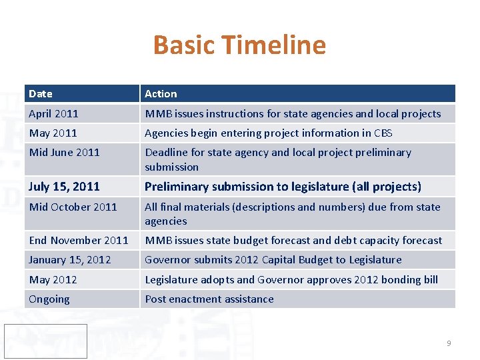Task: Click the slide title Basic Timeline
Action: coord(239,45)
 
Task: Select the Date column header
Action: coord(41,94)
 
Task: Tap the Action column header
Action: coord(161,94)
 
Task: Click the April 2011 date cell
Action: coord(53,114)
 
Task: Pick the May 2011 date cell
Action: coord(53,133)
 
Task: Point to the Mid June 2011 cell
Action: coord(64,153)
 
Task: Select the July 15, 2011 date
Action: coord(64,187)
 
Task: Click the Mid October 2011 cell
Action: coord(73,207)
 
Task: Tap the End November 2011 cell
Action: coord(79,241)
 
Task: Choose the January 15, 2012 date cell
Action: coord(70,260)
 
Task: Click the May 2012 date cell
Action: coord(53,280)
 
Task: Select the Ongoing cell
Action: coord(49,299)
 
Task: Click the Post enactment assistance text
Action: coord(209,299)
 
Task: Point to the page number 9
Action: coord(449,343)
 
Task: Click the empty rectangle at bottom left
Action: coord(45,341)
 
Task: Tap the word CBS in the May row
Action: coord(383,133)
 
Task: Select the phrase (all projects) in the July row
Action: coord(387,187)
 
